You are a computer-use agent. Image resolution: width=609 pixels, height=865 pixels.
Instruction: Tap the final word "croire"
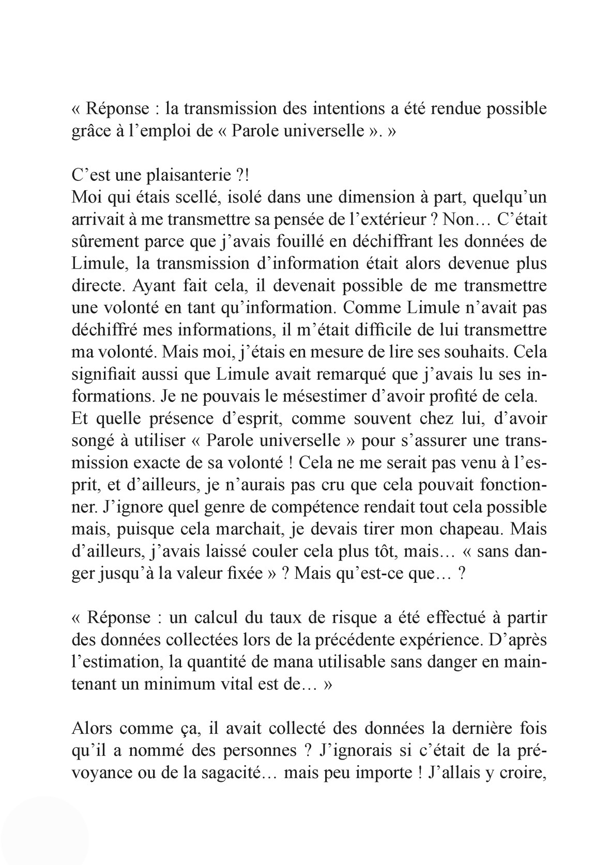[524, 773]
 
